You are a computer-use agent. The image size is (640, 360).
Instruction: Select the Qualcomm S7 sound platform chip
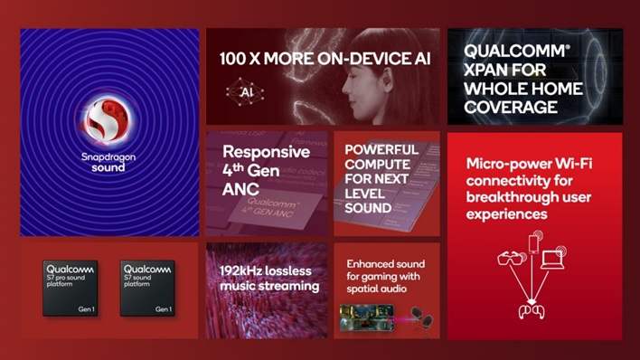click(148, 287)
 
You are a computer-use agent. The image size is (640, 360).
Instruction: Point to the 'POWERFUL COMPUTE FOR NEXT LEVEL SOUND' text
click(381, 178)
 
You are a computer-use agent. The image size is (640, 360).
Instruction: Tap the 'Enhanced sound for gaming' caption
click(385, 275)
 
